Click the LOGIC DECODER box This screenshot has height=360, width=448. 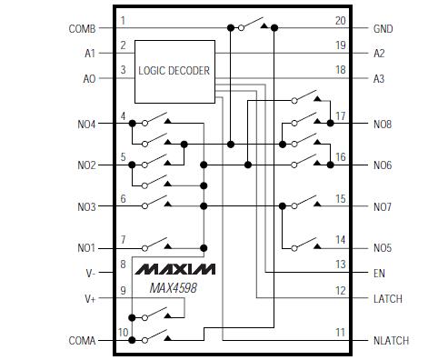pyautogui.click(x=174, y=70)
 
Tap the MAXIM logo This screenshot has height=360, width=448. pyautogui.click(x=176, y=270)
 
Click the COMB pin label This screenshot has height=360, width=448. pyautogui.click(x=82, y=28)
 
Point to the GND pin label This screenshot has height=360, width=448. pyautogui.click(x=383, y=28)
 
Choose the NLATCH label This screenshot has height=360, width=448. pyautogui.click(x=391, y=341)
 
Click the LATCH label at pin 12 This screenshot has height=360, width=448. pyautogui.click(x=388, y=299)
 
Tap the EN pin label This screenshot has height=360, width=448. pyautogui.click(x=379, y=272)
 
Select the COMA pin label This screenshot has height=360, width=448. pyautogui.click(x=82, y=341)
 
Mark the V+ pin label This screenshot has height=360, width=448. pyautogui.click(x=88, y=299)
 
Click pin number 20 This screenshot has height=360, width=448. pyautogui.click(x=340, y=20)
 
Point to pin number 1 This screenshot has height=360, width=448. pyautogui.click(x=124, y=20)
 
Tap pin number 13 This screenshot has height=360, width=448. pyautogui.click(x=340, y=264)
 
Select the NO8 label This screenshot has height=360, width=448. pyautogui.click(x=383, y=124)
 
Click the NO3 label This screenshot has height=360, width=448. pyautogui.click(x=86, y=206)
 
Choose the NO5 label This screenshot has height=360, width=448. pyautogui.click(x=383, y=248)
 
